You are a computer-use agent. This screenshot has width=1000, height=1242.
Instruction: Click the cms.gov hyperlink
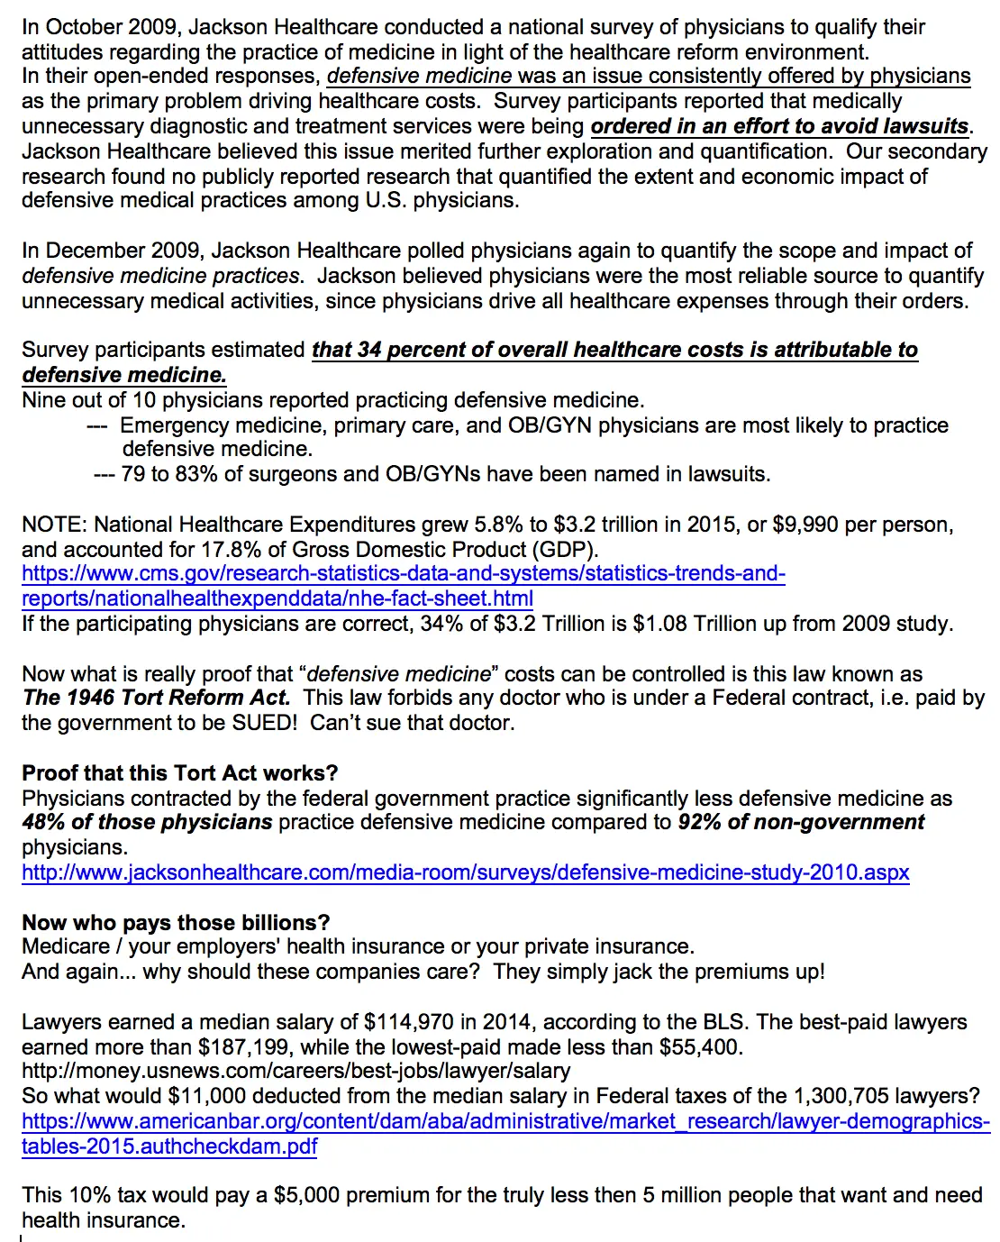(403, 574)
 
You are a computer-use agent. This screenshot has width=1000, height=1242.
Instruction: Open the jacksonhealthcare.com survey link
(465, 872)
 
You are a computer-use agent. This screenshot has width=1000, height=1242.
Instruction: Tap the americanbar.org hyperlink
(505, 1122)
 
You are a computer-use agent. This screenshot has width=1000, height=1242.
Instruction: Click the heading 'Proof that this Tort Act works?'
(179, 773)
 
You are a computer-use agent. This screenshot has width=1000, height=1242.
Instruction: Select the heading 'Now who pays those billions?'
(176, 923)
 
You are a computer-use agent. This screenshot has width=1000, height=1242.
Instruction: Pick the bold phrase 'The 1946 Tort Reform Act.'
(156, 698)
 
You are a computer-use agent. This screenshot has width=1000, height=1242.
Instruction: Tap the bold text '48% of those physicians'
(147, 822)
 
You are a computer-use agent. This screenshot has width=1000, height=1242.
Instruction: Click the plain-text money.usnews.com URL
(295, 1072)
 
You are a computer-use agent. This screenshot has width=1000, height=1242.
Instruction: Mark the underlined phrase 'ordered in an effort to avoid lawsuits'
(779, 126)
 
